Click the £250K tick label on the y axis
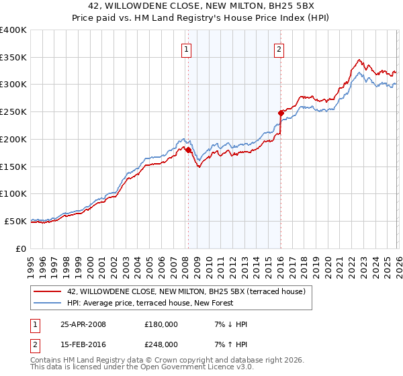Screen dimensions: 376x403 [13, 112]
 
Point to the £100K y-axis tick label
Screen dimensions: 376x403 [13, 194]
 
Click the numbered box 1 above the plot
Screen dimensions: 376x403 [185, 48]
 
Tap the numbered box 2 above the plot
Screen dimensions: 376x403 [279, 48]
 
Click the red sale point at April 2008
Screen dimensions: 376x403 [188, 150]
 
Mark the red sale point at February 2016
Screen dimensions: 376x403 [281, 113]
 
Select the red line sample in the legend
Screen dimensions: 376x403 [48, 291]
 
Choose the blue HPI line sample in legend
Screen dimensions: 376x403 [48, 303]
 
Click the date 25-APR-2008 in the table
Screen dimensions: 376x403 [83, 324]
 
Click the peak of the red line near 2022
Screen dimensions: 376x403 [360, 60]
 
